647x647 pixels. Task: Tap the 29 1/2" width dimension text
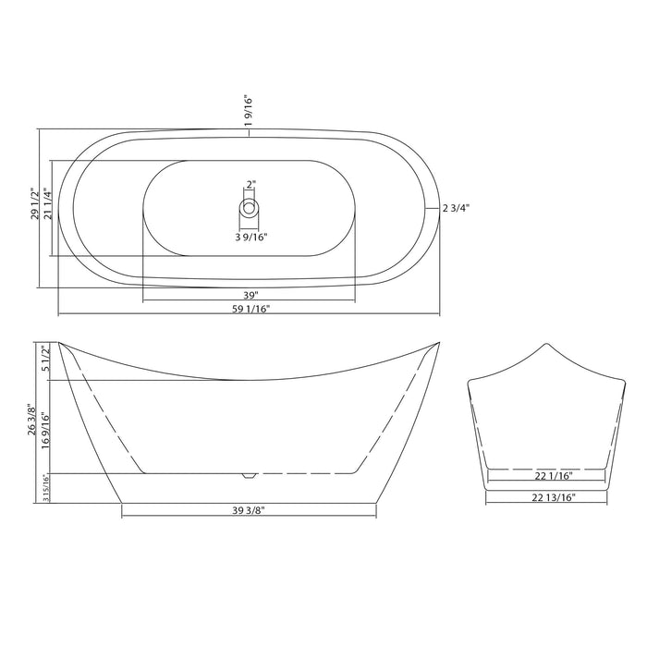tap(34, 204)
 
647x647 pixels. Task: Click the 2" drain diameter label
tap(250, 184)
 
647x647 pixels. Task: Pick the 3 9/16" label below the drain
tap(250, 237)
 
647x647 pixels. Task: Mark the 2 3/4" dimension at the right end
tap(457, 208)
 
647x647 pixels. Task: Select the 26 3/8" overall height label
tap(32, 424)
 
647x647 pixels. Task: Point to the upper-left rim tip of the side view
tap(60, 342)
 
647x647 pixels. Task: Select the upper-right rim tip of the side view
tap(437, 342)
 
